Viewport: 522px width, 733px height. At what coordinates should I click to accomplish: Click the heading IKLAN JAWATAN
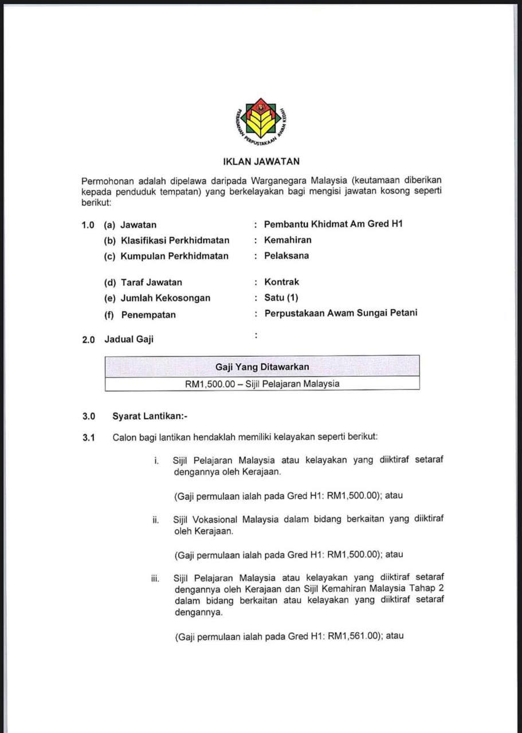[x=261, y=162]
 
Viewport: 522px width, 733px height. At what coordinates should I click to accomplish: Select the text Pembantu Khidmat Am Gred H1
[x=333, y=224]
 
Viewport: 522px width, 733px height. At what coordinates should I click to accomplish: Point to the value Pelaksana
[x=286, y=256]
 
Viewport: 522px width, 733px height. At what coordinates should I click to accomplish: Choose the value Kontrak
[x=281, y=282]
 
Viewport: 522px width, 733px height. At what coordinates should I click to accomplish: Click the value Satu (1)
[x=281, y=298]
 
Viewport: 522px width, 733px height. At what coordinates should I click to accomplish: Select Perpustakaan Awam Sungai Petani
[x=340, y=313]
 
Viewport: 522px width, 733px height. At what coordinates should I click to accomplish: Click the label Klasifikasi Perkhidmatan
[x=174, y=241]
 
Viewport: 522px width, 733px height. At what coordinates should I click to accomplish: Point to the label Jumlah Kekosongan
[x=165, y=298]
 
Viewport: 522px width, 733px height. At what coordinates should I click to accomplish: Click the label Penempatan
[x=148, y=314]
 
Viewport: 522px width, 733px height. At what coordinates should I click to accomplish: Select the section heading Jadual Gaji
[x=129, y=339]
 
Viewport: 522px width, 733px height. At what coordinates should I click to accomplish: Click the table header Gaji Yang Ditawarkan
[x=262, y=366]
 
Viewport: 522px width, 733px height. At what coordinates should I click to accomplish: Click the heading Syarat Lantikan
[x=145, y=416]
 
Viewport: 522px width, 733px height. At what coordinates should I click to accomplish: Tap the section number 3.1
[x=88, y=438]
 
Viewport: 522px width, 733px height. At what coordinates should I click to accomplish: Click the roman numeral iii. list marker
[x=155, y=578]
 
